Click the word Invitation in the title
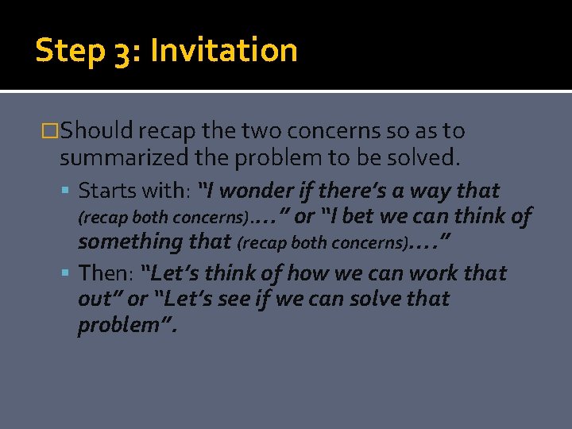click(224, 51)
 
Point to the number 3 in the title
click(122, 52)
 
